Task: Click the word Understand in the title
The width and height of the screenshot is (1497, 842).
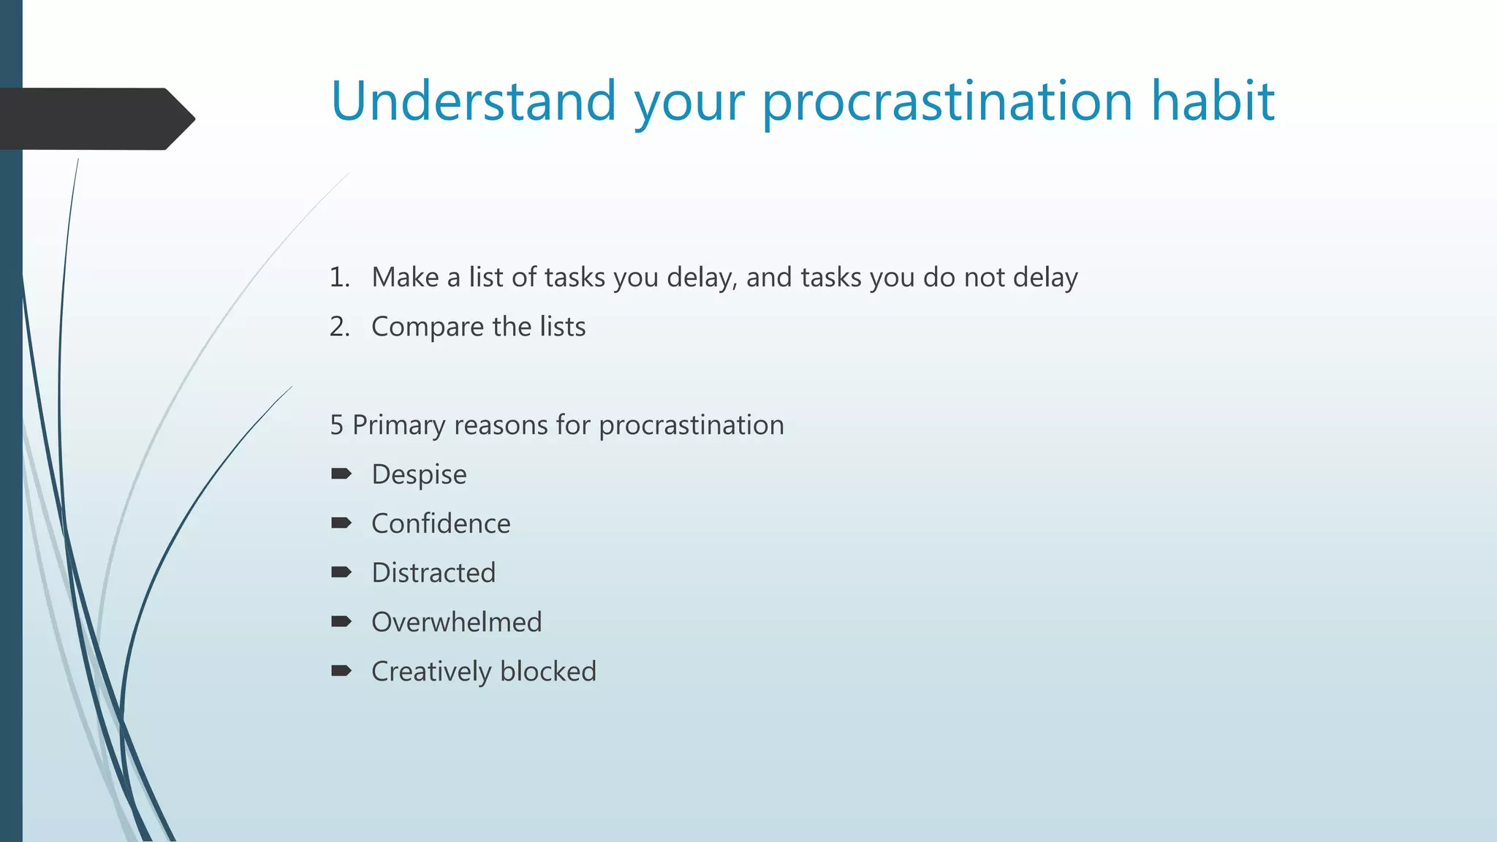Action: (474, 101)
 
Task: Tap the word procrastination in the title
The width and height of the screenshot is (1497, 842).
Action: (947, 102)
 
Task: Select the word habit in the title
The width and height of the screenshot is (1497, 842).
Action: (1213, 101)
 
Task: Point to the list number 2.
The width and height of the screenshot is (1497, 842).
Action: (338, 327)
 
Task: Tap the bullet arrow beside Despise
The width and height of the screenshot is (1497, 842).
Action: (341, 474)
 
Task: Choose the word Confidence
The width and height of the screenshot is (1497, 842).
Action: (441, 524)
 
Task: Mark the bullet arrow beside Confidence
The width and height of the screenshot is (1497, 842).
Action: (341, 523)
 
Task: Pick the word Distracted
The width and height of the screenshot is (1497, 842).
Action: (433, 573)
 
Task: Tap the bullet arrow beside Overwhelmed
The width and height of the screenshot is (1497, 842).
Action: (341, 621)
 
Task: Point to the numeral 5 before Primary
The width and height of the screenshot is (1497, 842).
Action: (336, 425)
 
